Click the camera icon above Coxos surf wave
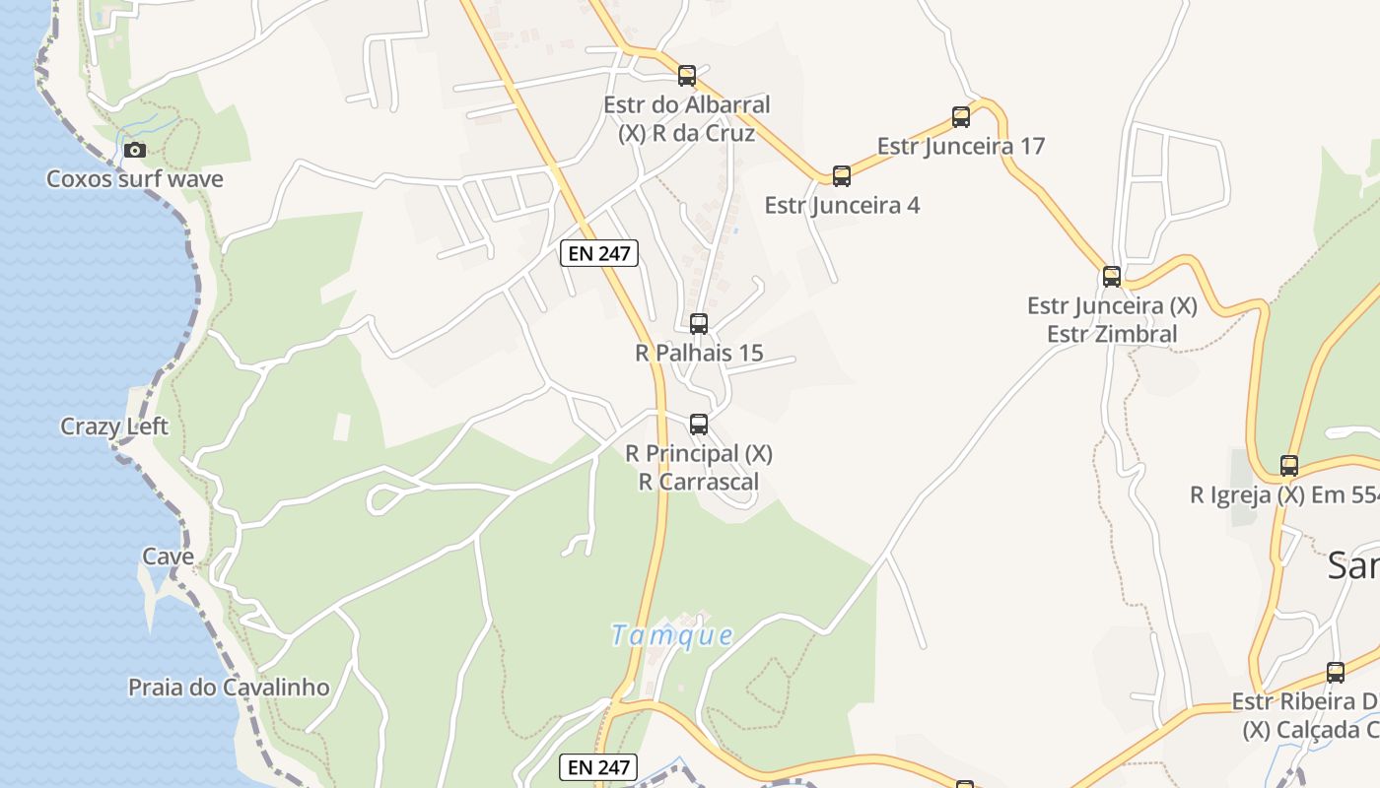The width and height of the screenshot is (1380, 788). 135,151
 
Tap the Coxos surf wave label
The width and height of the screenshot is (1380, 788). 135,179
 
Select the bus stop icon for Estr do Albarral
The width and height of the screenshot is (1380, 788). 687,76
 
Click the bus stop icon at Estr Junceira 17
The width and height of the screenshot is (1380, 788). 961,117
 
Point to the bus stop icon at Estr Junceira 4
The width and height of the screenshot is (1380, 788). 842,176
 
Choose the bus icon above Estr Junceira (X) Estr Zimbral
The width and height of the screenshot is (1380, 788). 1112,277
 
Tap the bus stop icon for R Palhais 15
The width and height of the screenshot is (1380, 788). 699,323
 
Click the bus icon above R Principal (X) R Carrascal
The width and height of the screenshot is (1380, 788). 699,425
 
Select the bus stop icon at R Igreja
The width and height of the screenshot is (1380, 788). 1289,466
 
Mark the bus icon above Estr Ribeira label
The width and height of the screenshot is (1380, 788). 1336,673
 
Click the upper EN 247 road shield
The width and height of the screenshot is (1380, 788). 599,253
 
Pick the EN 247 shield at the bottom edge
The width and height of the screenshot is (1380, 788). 598,767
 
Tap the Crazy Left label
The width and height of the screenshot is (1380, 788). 114,427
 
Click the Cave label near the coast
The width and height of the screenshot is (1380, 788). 169,557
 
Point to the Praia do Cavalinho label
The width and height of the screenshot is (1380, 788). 229,688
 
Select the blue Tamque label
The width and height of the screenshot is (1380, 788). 672,635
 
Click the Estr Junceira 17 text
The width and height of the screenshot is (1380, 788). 961,147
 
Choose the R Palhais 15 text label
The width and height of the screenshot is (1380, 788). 699,353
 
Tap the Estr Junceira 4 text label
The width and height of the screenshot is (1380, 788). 842,206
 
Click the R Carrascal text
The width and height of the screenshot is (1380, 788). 699,482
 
